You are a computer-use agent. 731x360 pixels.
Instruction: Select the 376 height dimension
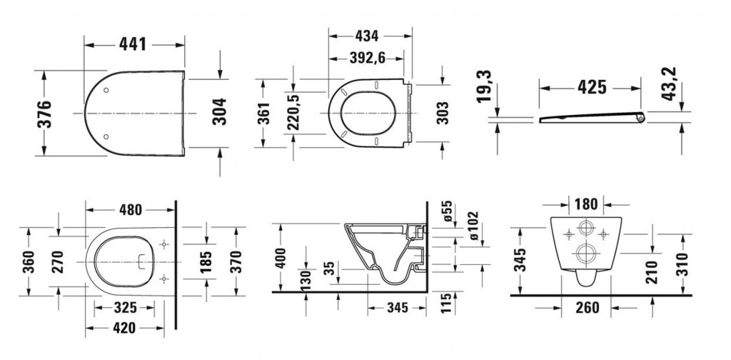45,114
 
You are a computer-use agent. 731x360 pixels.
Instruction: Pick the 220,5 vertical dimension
292,111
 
